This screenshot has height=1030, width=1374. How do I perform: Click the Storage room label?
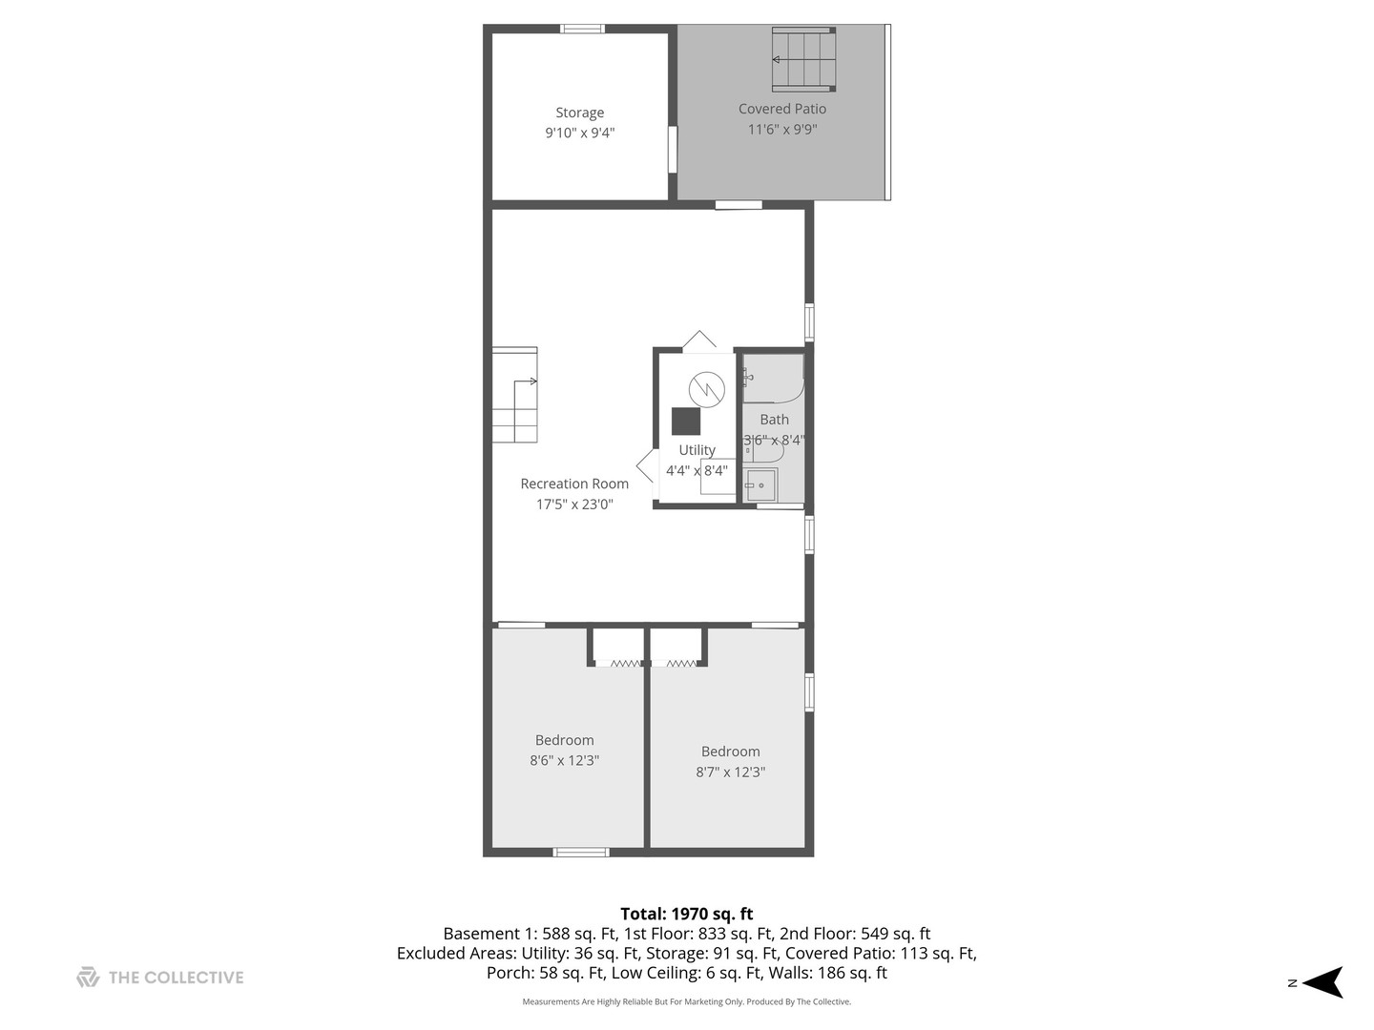(579, 113)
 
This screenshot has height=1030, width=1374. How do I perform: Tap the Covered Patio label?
(781, 109)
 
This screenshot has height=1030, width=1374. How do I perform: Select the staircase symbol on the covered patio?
(803, 59)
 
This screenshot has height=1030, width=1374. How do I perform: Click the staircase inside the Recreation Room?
(514, 395)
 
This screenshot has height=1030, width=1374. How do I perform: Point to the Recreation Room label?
(573, 484)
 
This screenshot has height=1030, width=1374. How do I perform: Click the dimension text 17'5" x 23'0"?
(573, 505)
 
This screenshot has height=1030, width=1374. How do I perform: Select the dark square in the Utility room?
(685, 421)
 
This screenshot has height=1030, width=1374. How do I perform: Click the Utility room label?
(697, 450)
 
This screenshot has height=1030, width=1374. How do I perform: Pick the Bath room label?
(774, 420)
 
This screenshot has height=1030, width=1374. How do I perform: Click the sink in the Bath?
(760, 485)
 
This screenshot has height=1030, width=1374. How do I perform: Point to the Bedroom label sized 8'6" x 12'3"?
(564, 740)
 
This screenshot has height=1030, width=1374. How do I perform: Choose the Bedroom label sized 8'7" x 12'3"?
(730, 752)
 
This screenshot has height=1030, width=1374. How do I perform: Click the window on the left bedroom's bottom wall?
(581, 852)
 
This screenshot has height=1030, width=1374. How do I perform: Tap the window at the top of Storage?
(582, 29)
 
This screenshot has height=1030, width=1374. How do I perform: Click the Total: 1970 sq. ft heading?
(686, 914)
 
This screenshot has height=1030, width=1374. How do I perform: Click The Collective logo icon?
(88, 977)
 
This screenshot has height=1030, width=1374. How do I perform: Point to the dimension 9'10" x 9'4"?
(579, 134)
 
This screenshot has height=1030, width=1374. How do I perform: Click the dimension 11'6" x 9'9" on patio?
(781, 130)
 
